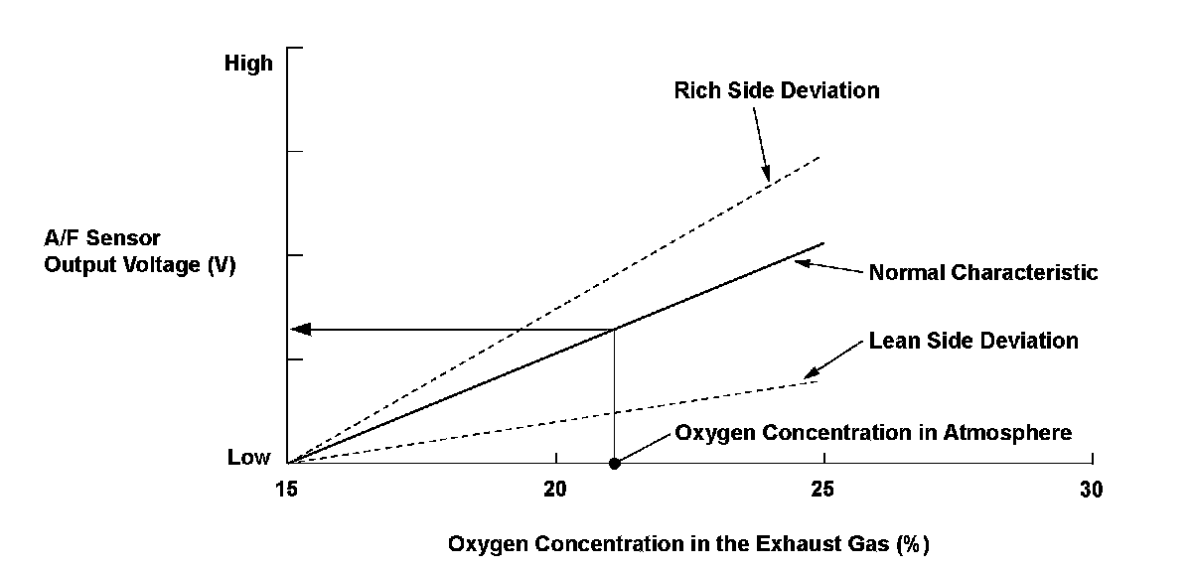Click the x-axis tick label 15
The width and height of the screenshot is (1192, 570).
point(287,490)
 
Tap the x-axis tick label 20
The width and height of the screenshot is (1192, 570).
point(555,490)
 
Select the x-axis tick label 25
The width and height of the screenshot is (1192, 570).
point(821,490)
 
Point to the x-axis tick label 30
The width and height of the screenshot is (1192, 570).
point(1091,490)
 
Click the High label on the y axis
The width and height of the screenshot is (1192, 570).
point(248,65)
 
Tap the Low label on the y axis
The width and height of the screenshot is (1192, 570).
point(249,458)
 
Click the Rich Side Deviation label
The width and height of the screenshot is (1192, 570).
point(776,90)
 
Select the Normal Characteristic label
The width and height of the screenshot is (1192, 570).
point(983,272)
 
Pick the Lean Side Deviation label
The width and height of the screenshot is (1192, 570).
point(973,341)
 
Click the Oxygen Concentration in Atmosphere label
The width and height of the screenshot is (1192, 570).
point(873,433)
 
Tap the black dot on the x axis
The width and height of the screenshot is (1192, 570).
point(614,464)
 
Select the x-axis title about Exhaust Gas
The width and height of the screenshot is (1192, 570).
point(688,544)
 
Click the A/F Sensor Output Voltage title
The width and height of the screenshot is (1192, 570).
point(139,253)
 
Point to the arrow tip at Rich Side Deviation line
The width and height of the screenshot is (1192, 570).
point(767,180)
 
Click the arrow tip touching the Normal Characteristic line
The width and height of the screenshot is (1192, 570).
point(797,261)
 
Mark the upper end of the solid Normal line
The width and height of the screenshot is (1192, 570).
point(823,243)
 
